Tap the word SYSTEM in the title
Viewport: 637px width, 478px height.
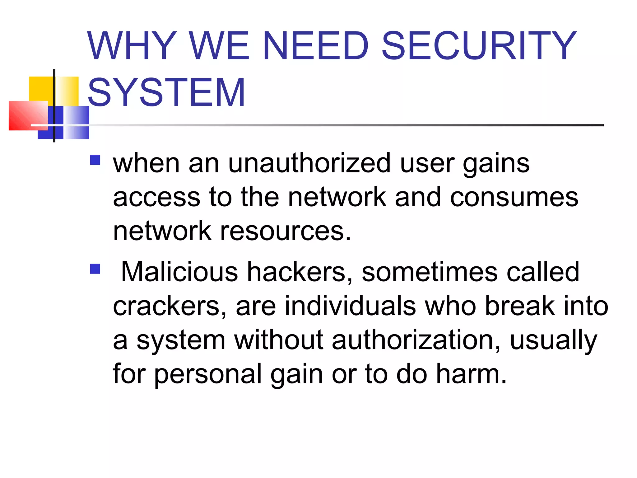(x=167, y=93)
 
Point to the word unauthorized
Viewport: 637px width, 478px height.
(x=309, y=163)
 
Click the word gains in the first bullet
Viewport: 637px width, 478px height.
(x=496, y=164)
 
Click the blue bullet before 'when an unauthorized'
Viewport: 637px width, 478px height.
(x=95, y=160)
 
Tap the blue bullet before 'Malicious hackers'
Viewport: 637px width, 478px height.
(x=95, y=269)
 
